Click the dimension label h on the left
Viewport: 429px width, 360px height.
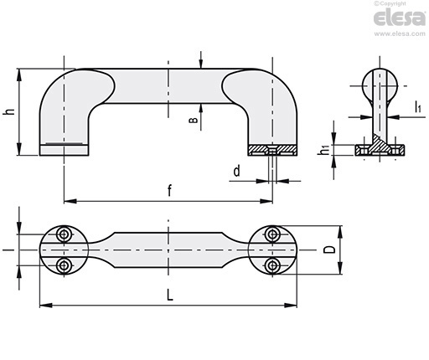tap(9, 111)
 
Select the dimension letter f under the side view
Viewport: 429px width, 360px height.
tap(169, 191)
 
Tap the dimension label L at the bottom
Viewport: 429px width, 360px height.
tap(170, 295)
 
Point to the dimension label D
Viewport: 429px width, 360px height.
tap(330, 249)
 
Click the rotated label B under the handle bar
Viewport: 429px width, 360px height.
tap(194, 120)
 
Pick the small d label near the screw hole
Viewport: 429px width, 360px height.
tap(236, 171)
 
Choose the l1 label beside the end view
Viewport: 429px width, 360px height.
tap(417, 107)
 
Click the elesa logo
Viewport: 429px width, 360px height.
tap(400, 18)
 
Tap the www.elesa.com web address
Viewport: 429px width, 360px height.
tap(400, 33)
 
